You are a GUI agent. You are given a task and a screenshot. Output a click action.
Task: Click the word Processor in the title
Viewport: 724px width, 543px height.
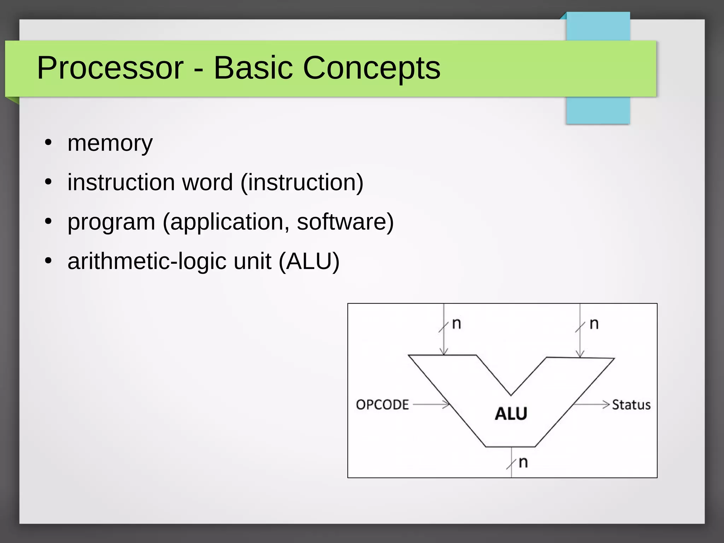point(110,68)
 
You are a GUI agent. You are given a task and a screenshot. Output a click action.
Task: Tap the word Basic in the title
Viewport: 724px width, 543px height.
point(253,68)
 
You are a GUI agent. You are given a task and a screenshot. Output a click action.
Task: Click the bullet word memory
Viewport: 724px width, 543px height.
point(110,144)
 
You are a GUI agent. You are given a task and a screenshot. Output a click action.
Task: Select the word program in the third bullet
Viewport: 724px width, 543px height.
point(111,222)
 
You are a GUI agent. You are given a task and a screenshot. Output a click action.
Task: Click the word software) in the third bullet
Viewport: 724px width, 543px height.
point(345,222)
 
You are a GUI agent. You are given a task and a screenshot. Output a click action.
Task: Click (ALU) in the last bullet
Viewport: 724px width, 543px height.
point(309,261)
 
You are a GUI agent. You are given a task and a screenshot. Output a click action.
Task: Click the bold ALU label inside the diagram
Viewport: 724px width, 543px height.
point(511,414)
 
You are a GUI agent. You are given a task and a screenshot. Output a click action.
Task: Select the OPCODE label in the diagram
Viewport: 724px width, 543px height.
point(382,405)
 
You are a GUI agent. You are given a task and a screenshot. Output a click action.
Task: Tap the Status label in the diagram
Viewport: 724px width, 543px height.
point(631,405)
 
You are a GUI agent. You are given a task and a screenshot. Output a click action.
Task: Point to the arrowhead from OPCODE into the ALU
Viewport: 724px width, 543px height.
point(446,404)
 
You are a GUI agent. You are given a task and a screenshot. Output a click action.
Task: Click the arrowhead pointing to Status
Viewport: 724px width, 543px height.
point(607,404)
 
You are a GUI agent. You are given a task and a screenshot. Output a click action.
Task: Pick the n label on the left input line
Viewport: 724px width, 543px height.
point(456,323)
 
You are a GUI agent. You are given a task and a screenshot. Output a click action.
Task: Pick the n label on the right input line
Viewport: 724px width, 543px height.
point(594,323)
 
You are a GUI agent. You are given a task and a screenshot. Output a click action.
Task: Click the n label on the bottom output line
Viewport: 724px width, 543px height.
point(523,462)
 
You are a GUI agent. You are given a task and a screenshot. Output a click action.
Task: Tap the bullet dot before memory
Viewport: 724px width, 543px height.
point(48,143)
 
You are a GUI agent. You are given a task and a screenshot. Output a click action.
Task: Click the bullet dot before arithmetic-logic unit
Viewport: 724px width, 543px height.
point(48,261)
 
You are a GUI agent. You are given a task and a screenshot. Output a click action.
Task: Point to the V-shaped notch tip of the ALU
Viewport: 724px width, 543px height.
point(511,395)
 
